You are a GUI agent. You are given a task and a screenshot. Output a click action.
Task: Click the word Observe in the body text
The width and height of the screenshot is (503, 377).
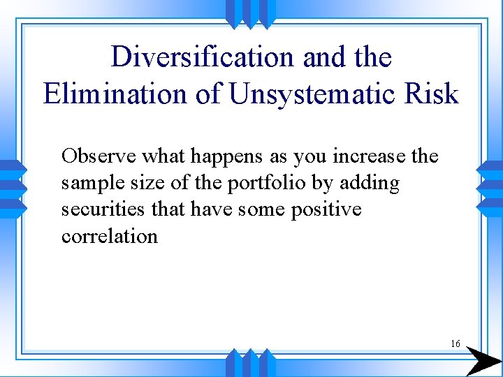coord(93,156)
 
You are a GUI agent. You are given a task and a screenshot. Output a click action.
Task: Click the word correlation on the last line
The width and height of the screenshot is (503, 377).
coord(110,236)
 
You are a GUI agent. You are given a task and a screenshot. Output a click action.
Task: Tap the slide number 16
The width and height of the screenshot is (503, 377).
coord(455,343)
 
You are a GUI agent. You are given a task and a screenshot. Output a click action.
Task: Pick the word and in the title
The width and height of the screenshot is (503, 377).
coord(325,57)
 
